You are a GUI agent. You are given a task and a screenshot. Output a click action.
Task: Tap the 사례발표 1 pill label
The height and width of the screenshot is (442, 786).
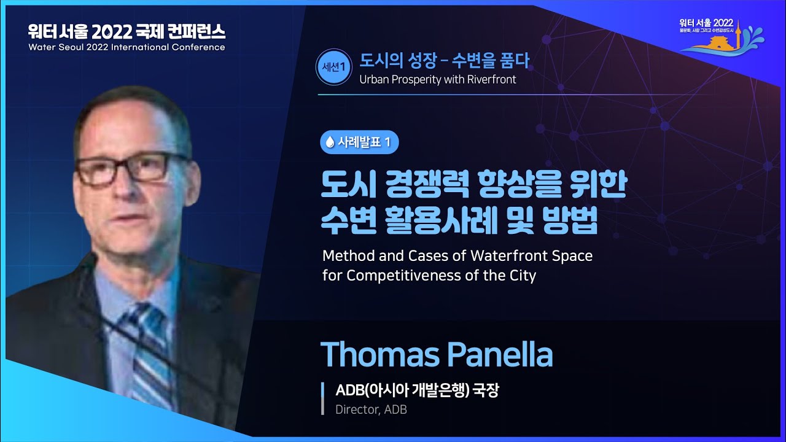click(x=359, y=142)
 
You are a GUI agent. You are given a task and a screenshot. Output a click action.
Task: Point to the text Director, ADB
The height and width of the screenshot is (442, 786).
click(x=371, y=409)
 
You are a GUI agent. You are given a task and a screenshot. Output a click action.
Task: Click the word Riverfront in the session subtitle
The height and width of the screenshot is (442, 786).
click(x=488, y=79)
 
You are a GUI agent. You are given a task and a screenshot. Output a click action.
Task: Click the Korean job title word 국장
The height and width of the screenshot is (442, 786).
click(x=486, y=390)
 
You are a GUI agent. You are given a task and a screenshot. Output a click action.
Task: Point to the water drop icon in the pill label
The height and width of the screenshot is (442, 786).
click(x=330, y=142)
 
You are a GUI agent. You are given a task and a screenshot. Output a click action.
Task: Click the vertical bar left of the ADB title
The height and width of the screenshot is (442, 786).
click(x=323, y=398)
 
